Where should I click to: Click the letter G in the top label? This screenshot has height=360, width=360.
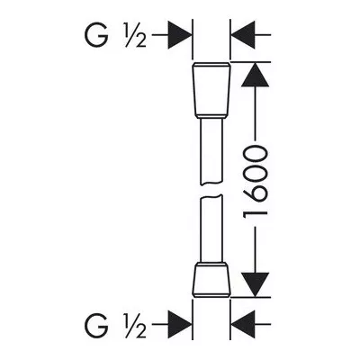[x=96, y=35]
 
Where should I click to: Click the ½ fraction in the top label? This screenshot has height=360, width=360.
[x=135, y=35]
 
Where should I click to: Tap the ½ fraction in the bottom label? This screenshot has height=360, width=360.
[x=135, y=325]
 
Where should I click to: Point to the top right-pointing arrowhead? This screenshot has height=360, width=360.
[x=180, y=35]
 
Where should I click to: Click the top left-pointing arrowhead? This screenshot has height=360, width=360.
[x=243, y=35]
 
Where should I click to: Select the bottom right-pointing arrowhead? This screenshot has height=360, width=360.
[x=180, y=324]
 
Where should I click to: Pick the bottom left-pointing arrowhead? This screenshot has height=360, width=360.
[x=243, y=324]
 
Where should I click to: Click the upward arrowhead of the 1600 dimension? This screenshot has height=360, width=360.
[x=255, y=75]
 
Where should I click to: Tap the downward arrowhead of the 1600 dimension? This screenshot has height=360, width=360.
[x=255, y=285]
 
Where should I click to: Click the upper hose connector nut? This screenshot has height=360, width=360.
[x=211, y=90]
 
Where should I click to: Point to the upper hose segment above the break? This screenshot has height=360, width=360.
[x=211, y=150]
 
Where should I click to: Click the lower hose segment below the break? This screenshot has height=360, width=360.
[x=211, y=229]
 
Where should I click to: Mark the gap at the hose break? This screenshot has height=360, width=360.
[x=211, y=190]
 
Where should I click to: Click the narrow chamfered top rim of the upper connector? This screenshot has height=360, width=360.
[x=211, y=65]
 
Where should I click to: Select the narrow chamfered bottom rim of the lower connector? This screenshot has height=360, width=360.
[x=211, y=295]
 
